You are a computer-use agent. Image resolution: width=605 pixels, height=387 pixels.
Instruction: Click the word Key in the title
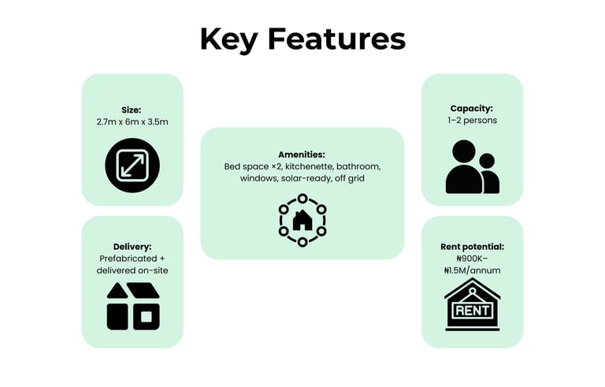pos(228,39)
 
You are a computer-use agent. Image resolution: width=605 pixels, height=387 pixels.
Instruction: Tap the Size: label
pos(132,109)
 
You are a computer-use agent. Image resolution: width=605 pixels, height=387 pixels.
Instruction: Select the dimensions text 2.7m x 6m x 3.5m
pos(132,122)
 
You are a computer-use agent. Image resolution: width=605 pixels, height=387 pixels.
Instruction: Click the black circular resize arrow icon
pos(132,165)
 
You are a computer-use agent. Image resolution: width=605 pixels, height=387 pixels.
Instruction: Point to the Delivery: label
pos(132,246)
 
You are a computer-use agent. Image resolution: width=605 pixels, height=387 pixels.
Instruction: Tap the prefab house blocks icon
pos(132,306)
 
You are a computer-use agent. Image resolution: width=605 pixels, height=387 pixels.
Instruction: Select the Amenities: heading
pos(302,154)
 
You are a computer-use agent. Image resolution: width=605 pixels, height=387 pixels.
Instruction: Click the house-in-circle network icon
pos(302,220)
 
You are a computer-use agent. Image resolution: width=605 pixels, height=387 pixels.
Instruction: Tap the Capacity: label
pos(472,108)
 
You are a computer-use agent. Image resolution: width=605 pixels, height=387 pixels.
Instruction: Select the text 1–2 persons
pos(472,121)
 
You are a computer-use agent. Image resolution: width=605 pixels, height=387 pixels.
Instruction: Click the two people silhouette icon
pos(472,167)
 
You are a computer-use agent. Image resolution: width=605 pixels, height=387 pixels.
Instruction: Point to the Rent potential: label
pos(472,247)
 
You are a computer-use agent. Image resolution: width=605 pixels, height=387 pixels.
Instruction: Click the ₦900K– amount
pos(472,259)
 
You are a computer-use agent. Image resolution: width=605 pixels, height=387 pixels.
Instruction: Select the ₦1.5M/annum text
pos(472,270)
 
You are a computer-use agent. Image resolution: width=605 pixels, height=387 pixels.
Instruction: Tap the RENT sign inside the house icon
pos(472,310)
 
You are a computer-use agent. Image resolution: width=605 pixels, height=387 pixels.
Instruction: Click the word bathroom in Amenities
pos(359,167)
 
